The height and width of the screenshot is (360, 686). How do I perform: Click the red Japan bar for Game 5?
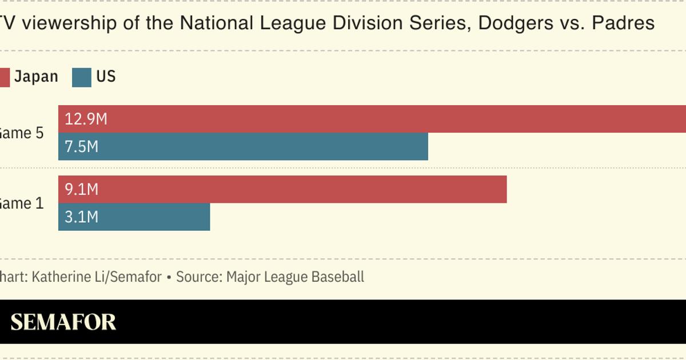click(x=372, y=119)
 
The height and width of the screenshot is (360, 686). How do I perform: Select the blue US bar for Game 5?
click(x=243, y=147)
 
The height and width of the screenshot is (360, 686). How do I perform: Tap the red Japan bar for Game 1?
click(x=282, y=189)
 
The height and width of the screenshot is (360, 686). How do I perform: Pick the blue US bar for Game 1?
click(x=134, y=217)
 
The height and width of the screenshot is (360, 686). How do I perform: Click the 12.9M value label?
click(x=86, y=119)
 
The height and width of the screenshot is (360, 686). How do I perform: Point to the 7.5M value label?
click(x=82, y=147)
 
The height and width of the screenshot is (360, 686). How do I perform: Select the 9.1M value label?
click(x=82, y=189)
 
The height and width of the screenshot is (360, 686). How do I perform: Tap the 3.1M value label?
click(x=82, y=217)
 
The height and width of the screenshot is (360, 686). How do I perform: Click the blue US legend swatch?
click(x=82, y=77)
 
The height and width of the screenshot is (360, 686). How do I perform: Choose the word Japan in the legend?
click(x=36, y=77)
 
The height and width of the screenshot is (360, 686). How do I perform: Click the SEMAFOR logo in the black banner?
click(x=63, y=322)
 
